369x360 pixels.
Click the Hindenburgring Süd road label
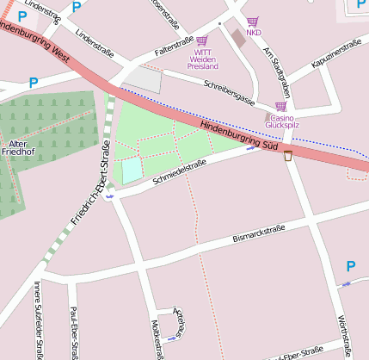click(x=239, y=136)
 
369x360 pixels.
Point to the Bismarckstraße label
click(x=258, y=233)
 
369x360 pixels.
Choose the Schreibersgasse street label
click(x=229, y=92)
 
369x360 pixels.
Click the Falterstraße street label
click(x=174, y=46)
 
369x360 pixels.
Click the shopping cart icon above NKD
click(x=253, y=22)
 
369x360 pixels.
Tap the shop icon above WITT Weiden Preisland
click(x=202, y=40)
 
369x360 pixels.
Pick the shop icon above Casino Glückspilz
click(x=280, y=107)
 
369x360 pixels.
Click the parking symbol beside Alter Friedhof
click(x=34, y=83)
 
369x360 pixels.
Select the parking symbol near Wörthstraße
click(x=350, y=267)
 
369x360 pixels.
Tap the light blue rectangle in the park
click(x=131, y=171)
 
